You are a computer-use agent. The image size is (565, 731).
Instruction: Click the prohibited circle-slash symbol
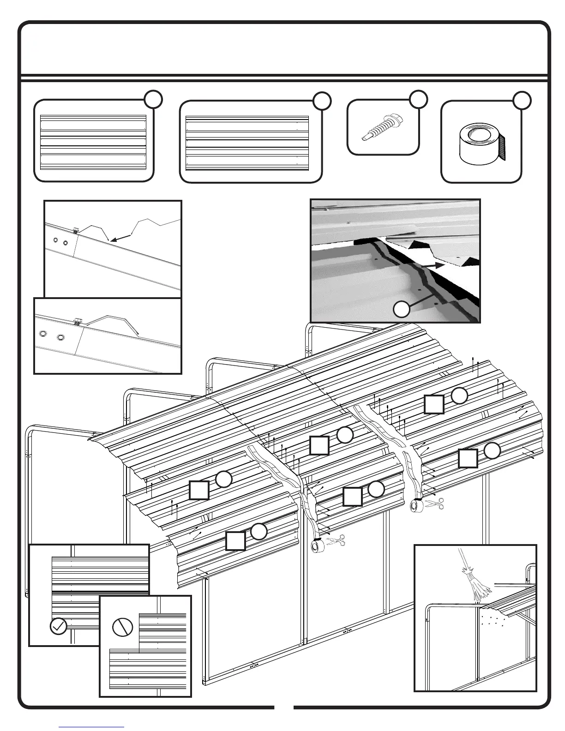[x=122, y=626]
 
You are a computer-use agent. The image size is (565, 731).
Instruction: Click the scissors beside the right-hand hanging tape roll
[x=435, y=503]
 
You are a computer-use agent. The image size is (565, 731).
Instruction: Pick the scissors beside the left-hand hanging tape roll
[x=336, y=540]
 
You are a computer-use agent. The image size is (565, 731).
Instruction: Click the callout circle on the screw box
[x=418, y=99]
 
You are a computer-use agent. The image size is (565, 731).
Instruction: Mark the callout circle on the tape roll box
[x=522, y=101]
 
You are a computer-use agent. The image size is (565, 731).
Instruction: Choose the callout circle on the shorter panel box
[x=153, y=99]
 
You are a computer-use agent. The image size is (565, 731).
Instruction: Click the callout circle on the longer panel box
[x=322, y=101]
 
